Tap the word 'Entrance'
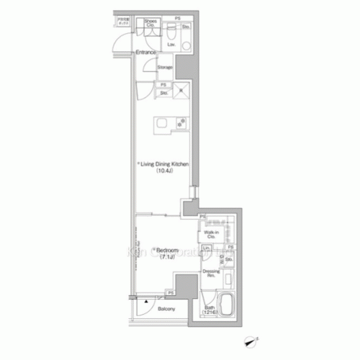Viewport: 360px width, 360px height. pos(147,53)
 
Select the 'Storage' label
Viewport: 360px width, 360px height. pos(165,68)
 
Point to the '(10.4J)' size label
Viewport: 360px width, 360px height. pos(165,171)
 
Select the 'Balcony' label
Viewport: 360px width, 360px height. pos(167,310)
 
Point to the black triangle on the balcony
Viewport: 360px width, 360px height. pos(146,297)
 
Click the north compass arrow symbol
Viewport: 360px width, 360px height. pos(251,341)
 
